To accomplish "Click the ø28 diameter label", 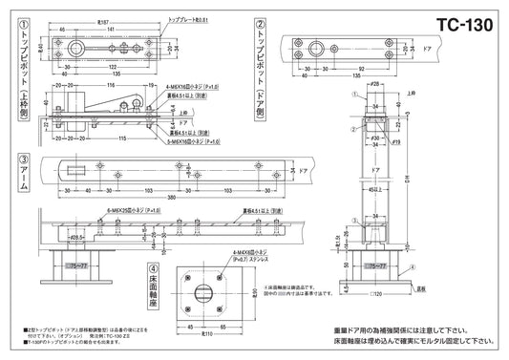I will [x=376, y=87].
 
